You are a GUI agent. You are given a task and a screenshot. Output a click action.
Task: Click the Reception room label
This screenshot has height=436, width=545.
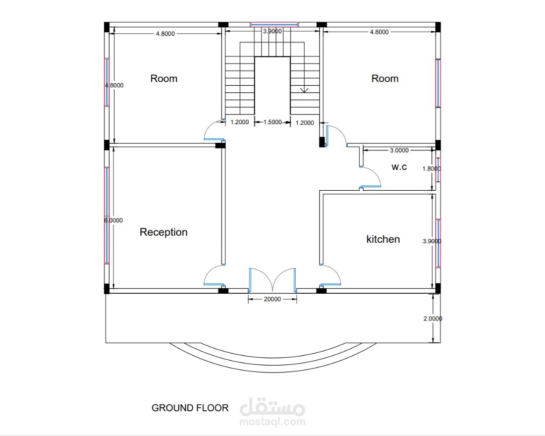163,232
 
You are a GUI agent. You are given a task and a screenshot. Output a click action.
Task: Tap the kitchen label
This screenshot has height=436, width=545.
383,239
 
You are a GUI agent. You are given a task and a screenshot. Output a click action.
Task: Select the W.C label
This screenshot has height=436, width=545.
399,167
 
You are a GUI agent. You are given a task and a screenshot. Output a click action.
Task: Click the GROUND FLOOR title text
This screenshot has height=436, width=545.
190,408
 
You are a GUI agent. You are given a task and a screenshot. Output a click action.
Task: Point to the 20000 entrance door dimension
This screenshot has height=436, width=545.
272,299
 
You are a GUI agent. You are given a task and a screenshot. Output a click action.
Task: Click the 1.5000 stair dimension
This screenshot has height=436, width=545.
272,122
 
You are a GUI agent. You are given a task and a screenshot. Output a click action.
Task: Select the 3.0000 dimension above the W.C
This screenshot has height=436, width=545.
399,150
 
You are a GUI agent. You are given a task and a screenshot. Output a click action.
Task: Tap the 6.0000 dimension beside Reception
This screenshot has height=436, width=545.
114,221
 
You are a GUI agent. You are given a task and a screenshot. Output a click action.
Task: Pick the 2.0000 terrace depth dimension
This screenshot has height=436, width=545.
433,318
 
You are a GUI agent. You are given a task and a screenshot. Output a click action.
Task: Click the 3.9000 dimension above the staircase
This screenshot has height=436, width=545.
272,31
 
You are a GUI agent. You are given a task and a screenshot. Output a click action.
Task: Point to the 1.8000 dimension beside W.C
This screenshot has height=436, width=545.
431,169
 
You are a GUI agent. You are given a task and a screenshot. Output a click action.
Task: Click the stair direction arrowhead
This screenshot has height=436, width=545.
304,90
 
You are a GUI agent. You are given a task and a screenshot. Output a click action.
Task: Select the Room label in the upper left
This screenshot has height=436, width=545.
163,79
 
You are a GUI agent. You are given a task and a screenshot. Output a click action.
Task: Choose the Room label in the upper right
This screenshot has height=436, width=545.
385,79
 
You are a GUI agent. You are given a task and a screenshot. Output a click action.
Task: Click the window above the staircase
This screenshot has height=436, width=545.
274,24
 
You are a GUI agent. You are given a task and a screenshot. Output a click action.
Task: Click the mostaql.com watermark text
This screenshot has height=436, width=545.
272,422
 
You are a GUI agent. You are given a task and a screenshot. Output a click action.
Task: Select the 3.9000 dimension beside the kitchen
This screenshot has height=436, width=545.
432,241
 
